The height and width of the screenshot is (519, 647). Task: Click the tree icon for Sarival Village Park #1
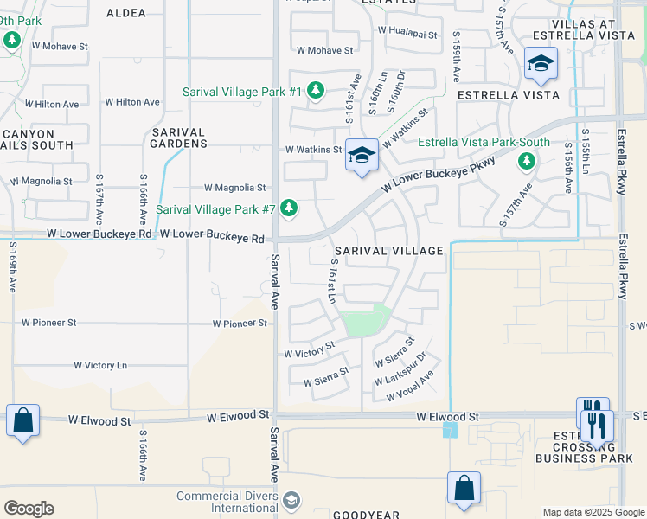point(316,91)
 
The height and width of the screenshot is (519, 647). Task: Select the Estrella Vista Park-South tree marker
point(526,161)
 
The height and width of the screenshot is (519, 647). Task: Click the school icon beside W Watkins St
point(362,155)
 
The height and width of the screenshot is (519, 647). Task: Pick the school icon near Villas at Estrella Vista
point(541,63)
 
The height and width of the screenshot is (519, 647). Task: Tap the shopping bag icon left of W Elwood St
point(22,421)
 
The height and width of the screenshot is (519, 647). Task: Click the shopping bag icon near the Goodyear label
point(464,487)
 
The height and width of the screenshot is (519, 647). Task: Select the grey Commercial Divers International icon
point(292,501)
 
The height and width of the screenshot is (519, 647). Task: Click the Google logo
point(29,509)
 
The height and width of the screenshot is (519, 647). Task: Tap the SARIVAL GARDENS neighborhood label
point(177,138)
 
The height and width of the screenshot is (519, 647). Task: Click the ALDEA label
point(127,13)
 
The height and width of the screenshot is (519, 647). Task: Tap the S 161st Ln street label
point(332,282)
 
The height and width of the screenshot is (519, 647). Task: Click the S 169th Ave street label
point(13,267)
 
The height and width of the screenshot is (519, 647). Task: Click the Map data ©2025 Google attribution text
point(593,512)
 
